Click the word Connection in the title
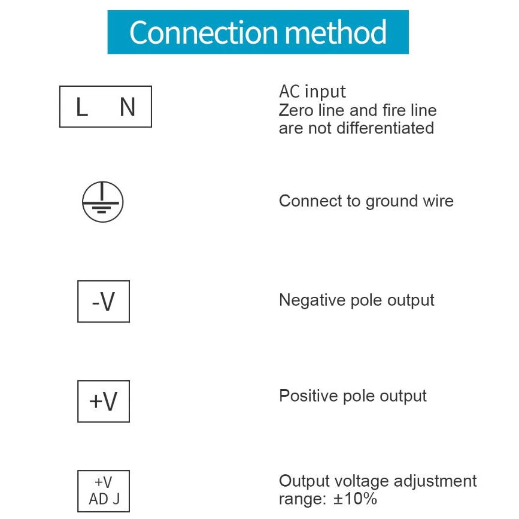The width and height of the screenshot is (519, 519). coord(202,32)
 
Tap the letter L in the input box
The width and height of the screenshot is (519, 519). coord(82,108)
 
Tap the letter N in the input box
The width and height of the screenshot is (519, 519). coord(127,108)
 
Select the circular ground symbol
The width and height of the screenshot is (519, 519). coord(102,202)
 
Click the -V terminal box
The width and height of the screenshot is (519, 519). coord(104,302)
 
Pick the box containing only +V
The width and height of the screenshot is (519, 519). coord(104,401)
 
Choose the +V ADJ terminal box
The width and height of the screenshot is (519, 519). coord(104,490)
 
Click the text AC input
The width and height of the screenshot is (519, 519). coord(312,92)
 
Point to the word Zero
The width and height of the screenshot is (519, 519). coord(295,111)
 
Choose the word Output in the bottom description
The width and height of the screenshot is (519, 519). coord(305,481)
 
